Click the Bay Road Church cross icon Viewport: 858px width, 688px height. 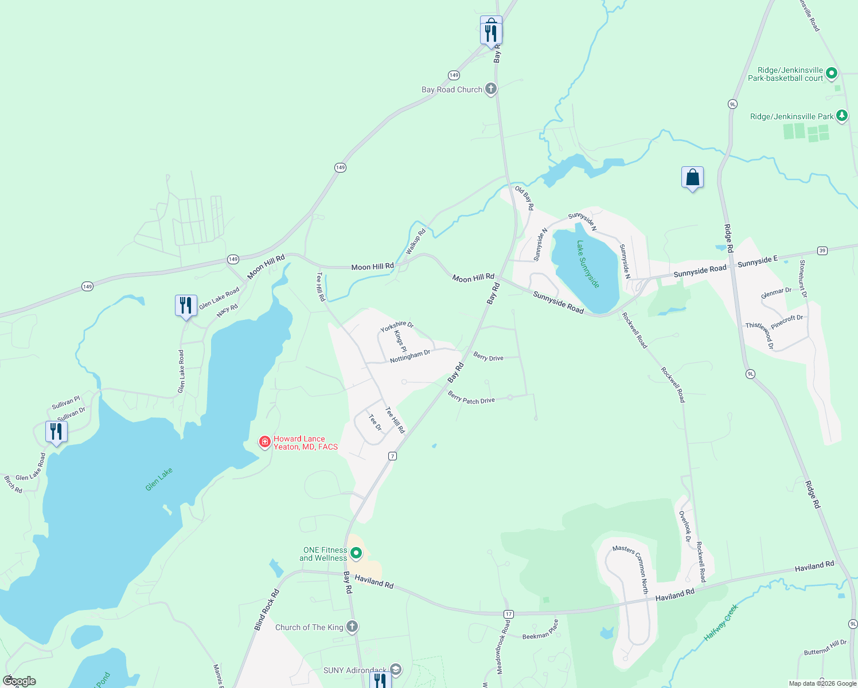pyautogui.click(x=490, y=89)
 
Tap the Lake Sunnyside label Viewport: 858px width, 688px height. pyautogui.click(x=588, y=264)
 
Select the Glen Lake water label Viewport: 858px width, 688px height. pyautogui.click(x=159, y=479)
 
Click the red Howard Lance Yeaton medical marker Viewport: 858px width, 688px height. pyautogui.click(x=265, y=441)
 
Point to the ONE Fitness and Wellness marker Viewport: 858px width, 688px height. pyautogui.click(x=356, y=553)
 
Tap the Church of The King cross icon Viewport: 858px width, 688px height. pyautogui.click(x=352, y=627)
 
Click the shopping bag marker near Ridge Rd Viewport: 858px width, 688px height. pyautogui.click(x=692, y=178)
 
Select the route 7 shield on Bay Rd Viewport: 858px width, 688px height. pyautogui.click(x=392, y=456)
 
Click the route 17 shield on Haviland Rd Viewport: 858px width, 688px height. pyautogui.click(x=508, y=614)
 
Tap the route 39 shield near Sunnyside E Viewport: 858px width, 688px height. pyautogui.click(x=822, y=251)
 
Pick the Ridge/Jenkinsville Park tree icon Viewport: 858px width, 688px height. pyautogui.click(x=841, y=116)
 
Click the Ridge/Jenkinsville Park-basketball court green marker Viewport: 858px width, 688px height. pyautogui.click(x=832, y=73)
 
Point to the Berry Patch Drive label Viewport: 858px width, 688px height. pyautogui.click(x=471, y=398)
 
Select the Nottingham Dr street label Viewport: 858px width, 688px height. pyautogui.click(x=409, y=357)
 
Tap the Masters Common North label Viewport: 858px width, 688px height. pyautogui.click(x=631, y=569)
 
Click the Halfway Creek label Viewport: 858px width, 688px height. pyautogui.click(x=721, y=622)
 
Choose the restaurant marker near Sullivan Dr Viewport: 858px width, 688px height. pyautogui.click(x=56, y=431)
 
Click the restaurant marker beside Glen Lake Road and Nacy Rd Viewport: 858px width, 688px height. pyautogui.click(x=186, y=305)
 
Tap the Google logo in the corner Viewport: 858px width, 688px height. pyautogui.click(x=19, y=681)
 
